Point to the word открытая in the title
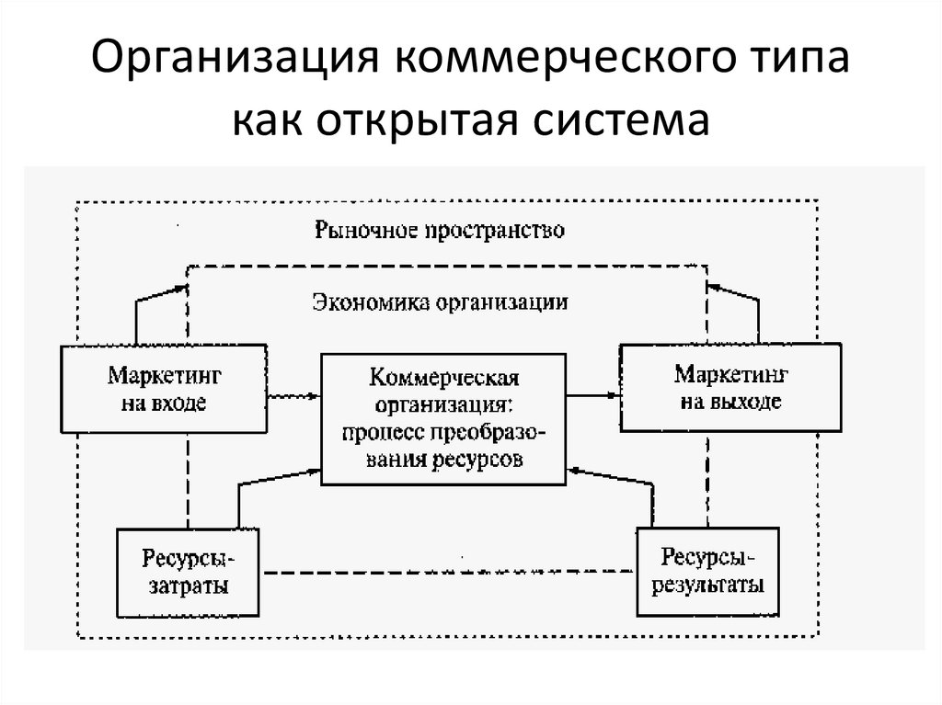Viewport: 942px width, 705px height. click(x=416, y=121)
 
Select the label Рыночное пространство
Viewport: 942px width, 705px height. click(x=440, y=229)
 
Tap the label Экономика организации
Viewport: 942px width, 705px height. click(x=440, y=301)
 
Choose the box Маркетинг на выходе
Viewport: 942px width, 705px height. click(x=731, y=388)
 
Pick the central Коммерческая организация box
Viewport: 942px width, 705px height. click(x=443, y=418)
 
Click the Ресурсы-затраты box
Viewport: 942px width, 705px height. click(x=187, y=572)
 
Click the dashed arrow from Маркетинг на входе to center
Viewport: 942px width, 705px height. click(x=293, y=395)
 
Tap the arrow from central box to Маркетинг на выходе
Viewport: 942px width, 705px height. click(x=592, y=395)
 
